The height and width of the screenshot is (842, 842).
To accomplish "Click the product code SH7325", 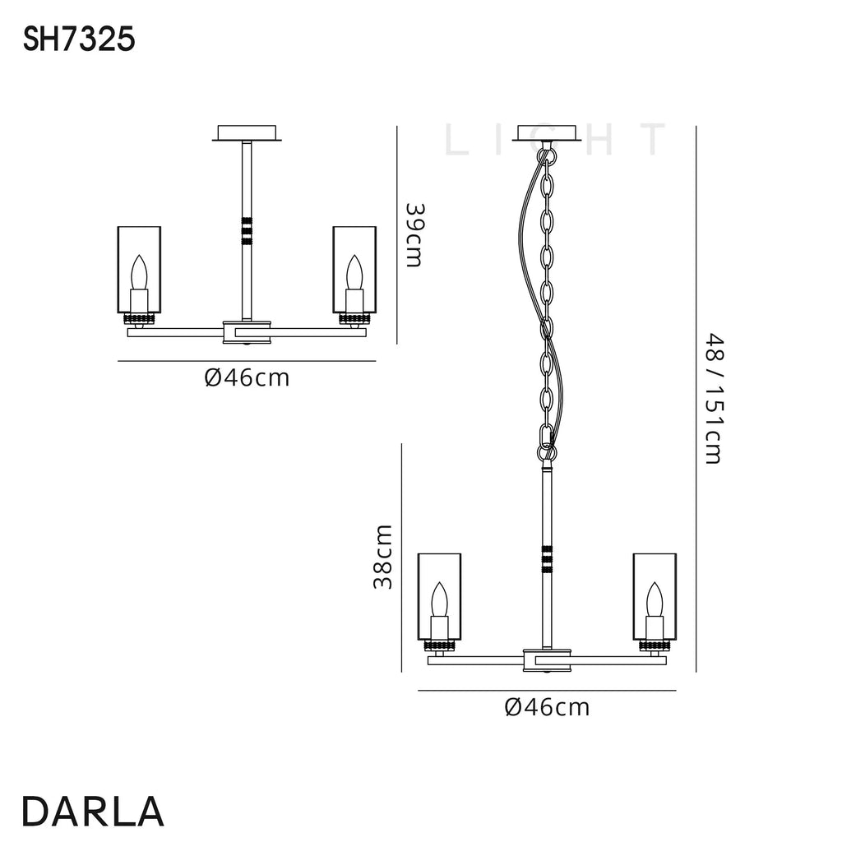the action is coord(79,39).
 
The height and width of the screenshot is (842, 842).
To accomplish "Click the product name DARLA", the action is coord(93,812).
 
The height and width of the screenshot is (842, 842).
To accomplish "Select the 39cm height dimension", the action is coord(414,234).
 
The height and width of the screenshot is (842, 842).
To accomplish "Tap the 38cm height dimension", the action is coord(383,557).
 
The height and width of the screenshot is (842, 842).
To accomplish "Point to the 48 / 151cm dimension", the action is coord(715,399).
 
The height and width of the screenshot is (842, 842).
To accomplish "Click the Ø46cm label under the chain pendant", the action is coord(547,707).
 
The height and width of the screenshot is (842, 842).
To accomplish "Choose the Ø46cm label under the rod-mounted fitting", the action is coord(247,378).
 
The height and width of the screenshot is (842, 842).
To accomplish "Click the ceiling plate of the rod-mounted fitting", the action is coord(247,134).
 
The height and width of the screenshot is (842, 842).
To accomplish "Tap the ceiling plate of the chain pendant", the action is coord(547,134).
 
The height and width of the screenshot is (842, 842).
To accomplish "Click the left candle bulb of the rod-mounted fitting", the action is coord(139,272).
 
